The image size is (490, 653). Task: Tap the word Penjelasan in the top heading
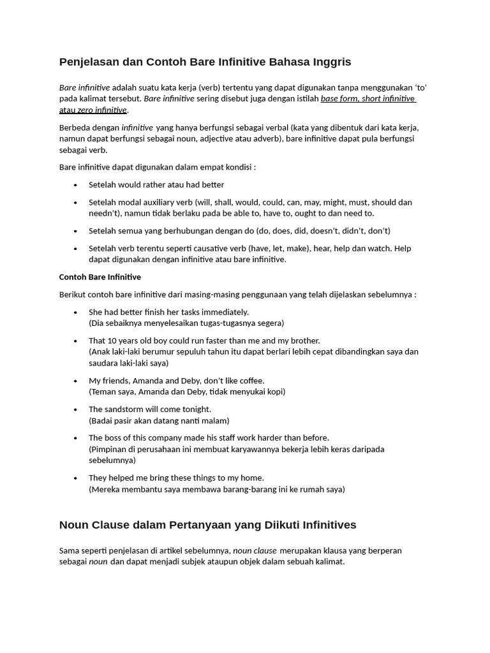click(90, 62)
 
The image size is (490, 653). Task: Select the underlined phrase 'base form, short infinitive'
click(367, 99)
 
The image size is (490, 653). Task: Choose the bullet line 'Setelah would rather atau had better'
click(156, 185)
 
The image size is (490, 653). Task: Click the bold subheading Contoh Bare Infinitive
click(100, 277)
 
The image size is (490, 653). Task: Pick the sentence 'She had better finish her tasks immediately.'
click(168, 312)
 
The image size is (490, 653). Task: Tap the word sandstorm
click(127, 409)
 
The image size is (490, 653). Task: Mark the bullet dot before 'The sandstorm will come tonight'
click(75, 410)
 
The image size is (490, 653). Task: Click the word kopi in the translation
click(273, 392)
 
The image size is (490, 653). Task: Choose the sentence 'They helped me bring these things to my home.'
click(176, 478)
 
